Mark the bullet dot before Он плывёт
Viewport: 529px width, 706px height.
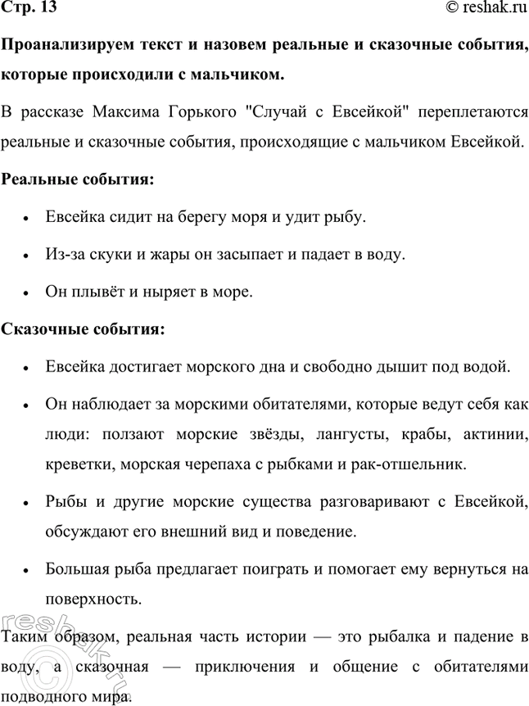27,292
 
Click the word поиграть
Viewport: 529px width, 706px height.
274,568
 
